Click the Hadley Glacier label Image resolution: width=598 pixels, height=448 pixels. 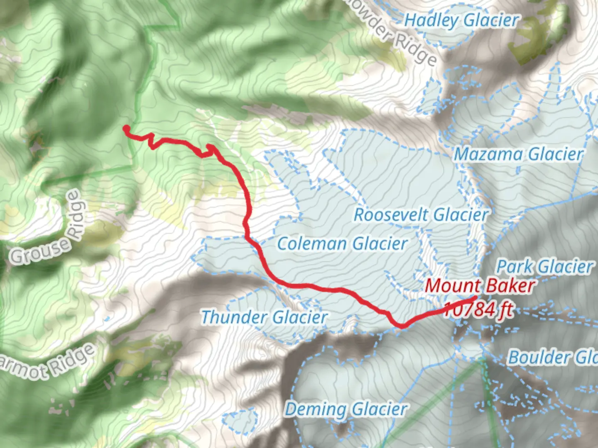point(462,20)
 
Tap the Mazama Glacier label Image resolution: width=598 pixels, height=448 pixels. point(518,154)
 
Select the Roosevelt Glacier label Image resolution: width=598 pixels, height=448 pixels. point(421,215)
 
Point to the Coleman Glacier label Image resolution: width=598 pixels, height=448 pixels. point(342,244)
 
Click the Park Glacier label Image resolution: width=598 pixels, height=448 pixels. point(545,267)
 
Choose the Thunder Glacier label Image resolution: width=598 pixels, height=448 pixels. point(264,317)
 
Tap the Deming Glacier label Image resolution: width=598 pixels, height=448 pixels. point(346,410)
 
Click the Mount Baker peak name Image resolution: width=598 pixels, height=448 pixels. point(480,286)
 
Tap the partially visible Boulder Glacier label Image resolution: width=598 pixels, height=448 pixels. point(552,358)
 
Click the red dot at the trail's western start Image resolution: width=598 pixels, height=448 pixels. point(126,129)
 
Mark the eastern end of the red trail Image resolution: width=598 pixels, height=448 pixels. point(475,298)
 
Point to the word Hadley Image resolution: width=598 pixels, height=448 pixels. point(431,20)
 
